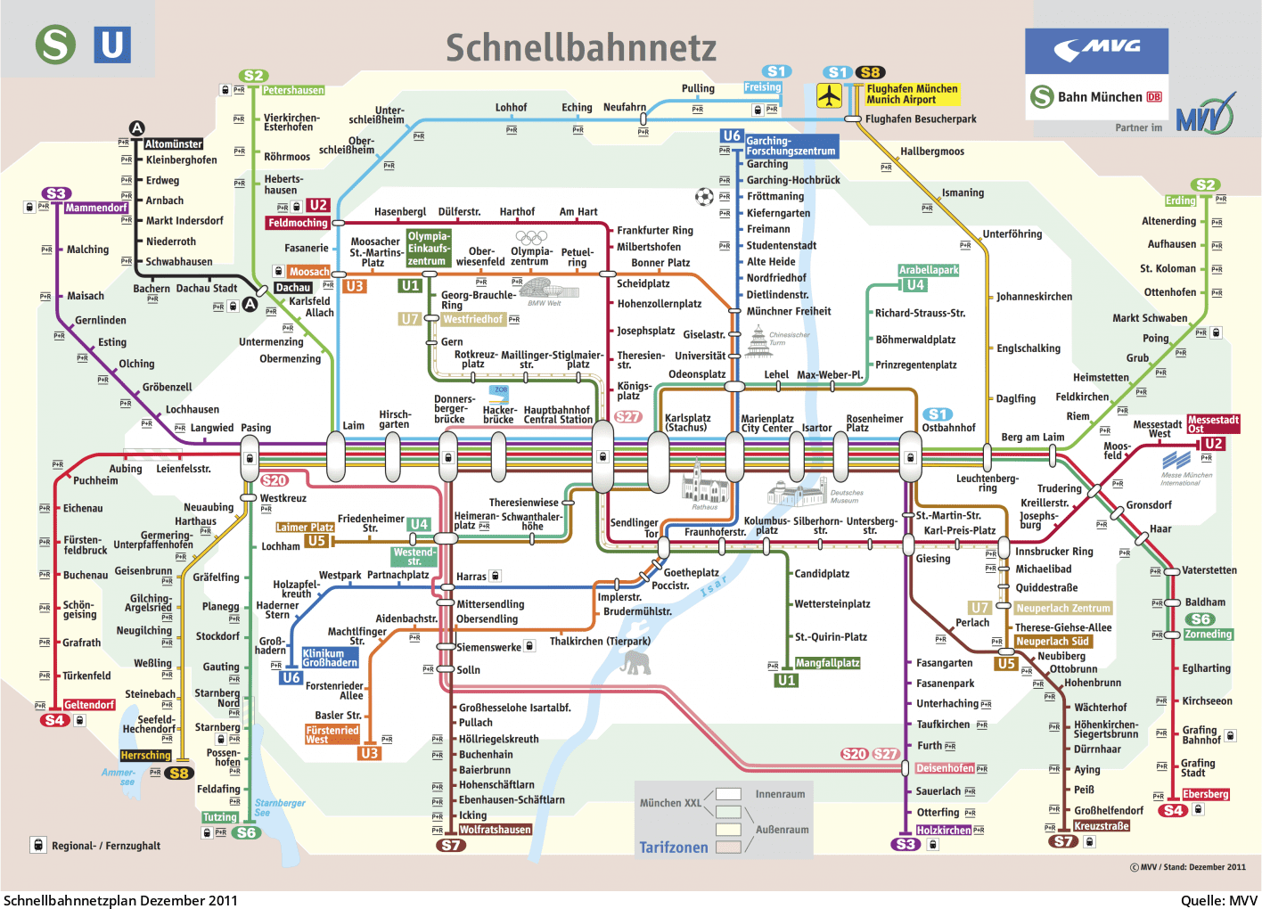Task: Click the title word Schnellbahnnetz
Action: tap(580, 48)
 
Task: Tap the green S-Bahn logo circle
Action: tap(55, 45)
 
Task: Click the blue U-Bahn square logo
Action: tap(112, 45)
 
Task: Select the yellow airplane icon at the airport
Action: tap(830, 95)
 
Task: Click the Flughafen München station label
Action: tap(912, 94)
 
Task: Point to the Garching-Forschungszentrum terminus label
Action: tap(791, 146)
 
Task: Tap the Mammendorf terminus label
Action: tap(96, 208)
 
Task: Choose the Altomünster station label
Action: tap(174, 143)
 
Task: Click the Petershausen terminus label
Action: tap(293, 90)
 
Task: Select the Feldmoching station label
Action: tap(298, 223)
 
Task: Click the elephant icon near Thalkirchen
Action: tap(635, 662)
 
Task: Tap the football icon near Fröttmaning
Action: tap(704, 196)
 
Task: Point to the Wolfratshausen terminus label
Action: tap(495, 830)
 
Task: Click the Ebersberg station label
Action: tap(1205, 794)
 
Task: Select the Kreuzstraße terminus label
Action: tap(1102, 826)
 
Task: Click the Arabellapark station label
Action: tap(929, 270)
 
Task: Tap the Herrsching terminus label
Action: tap(145, 755)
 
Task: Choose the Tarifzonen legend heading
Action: tap(673, 848)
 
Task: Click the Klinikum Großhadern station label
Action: tap(329, 658)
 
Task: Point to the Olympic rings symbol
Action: tap(531, 237)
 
